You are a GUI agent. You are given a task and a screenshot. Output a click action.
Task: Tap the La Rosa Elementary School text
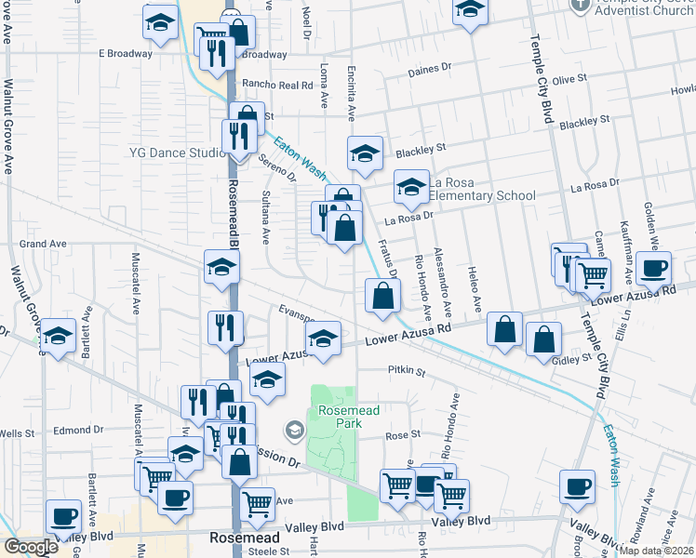482,189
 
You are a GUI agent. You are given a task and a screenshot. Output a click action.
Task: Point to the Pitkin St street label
405,372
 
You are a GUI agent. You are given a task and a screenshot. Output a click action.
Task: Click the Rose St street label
403,434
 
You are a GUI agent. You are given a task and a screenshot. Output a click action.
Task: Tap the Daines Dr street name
429,68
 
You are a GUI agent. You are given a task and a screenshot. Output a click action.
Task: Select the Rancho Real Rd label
276,85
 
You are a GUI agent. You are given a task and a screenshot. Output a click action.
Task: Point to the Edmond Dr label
78,430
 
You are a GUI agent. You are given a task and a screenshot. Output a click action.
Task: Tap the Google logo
31,547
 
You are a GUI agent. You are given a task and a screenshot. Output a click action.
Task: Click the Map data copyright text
657,551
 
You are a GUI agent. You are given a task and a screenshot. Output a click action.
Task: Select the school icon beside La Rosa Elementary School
411,187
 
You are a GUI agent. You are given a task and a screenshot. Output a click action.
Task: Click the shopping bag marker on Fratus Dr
382,297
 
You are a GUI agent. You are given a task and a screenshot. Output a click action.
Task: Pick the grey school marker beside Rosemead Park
295,430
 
